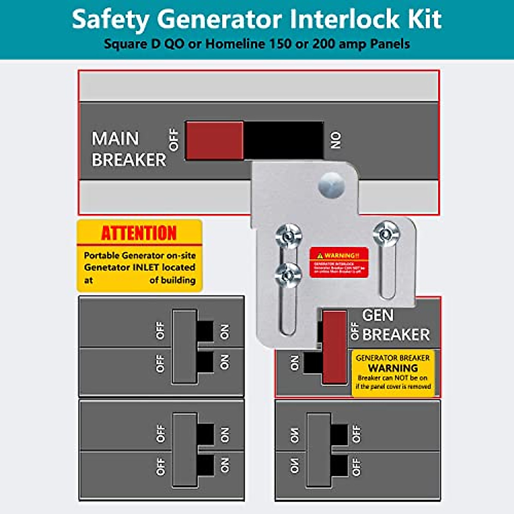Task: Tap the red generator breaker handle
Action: [x=335, y=347]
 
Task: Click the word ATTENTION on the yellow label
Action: [x=139, y=233]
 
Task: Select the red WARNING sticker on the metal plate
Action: [x=339, y=262]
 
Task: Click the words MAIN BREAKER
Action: [x=128, y=149]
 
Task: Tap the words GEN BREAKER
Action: [x=395, y=325]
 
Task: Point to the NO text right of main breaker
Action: [x=336, y=140]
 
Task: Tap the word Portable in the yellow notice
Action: [x=102, y=255]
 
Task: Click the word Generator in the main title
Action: [x=219, y=19]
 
